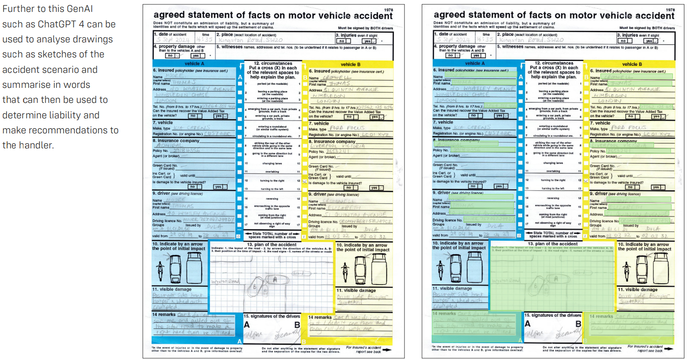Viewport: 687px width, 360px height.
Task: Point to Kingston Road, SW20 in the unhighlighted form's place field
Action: click(x=250, y=40)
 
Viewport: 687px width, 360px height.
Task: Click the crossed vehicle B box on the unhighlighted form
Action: click(x=305, y=182)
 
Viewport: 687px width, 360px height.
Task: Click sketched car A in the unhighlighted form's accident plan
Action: click(x=274, y=279)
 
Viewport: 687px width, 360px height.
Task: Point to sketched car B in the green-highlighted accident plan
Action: click(x=536, y=286)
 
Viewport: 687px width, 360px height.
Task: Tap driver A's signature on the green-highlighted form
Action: click(x=534, y=334)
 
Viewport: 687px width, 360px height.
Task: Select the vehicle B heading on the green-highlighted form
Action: click(x=629, y=64)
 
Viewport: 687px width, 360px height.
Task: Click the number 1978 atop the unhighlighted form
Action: click(x=389, y=10)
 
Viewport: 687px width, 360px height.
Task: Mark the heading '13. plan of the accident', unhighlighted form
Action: click(x=272, y=244)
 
